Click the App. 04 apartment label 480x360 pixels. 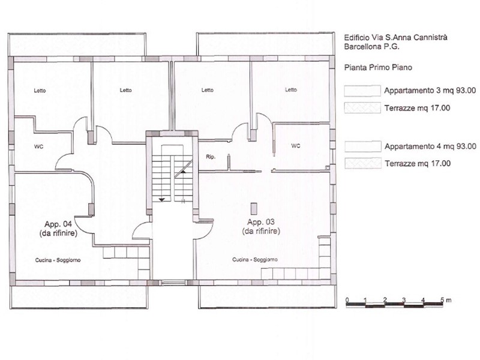coord(58,224)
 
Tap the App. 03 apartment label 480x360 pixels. coord(261,222)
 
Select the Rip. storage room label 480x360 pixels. coord(211,157)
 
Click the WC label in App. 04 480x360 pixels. coord(38,146)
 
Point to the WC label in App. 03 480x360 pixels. coord(295,146)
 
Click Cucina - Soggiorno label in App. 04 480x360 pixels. coord(58,260)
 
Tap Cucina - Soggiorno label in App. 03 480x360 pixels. coord(255,260)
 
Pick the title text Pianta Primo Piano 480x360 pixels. coord(378,67)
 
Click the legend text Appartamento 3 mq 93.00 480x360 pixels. coord(430,91)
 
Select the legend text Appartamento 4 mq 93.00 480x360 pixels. coord(430,146)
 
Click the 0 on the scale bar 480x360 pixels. coord(347,299)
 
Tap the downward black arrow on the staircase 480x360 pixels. coord(161,200)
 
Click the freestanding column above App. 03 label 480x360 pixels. coord(254,209)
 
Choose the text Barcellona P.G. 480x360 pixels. coord(371,47)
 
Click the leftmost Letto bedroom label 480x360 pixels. coord(40,91)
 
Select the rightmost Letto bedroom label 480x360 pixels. coord(291,89)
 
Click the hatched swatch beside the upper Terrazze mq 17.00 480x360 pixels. coord(362,108)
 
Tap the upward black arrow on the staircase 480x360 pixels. coord(183,172)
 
